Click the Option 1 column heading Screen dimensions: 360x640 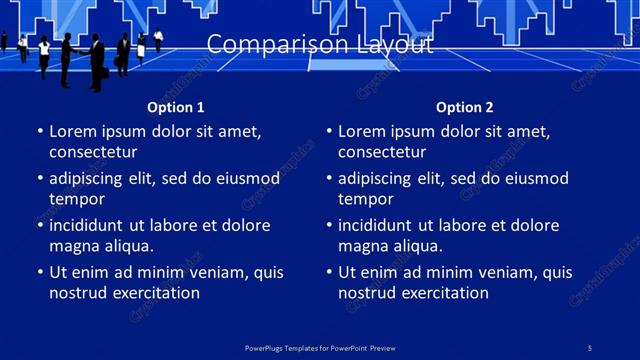tap(176, 107)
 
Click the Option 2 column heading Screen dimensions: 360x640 tap(465, 107)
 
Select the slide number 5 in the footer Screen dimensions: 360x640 tap(590, 347)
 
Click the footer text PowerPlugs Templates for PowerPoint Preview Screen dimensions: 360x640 tap(320, 347)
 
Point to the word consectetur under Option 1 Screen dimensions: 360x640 tap(93, 152)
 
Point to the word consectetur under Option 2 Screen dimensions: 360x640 tap(382, 152)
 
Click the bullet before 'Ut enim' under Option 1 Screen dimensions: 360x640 tap(39, 272)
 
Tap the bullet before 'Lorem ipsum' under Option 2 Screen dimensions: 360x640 tap(328, 131)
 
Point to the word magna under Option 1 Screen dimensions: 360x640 tap(73, 246)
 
